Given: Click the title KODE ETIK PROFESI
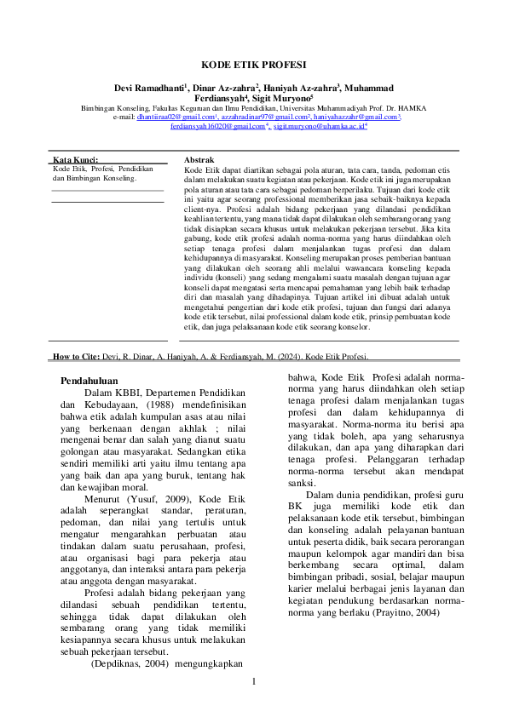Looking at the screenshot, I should coord(254,65).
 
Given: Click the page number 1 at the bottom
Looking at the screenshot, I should coord(253,681).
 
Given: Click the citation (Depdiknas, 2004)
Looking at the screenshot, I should coord(130,662).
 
